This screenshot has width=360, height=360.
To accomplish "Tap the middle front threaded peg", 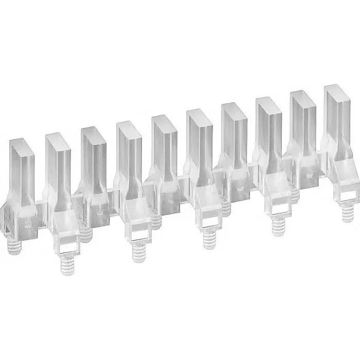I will click(208, 240).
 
